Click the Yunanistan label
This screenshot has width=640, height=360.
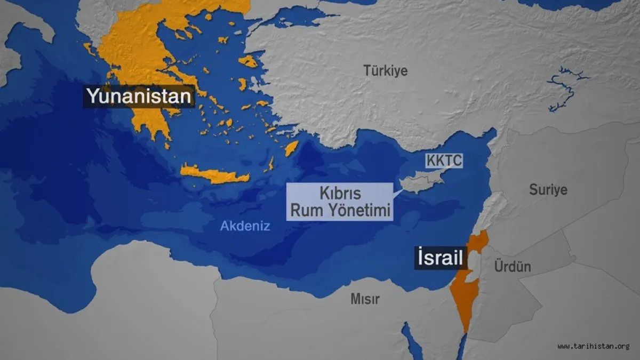[x=139, y=97]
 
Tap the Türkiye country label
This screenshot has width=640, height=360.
[x=385, y=70]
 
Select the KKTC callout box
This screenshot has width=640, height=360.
[x=444, y=161]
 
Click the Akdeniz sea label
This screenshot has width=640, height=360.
[x=245, y=226]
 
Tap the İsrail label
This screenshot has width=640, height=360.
[x=441, y=259]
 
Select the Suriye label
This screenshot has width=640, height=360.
[x=548, y=189]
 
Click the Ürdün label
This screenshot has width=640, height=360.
[x=513, y=266]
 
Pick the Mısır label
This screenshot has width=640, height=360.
[x=365, y=299]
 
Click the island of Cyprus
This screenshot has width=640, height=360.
[x=421, y=183]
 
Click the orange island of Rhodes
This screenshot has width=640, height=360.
[x=291, y=148]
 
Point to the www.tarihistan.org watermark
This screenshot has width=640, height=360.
[x=594, y=346]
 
